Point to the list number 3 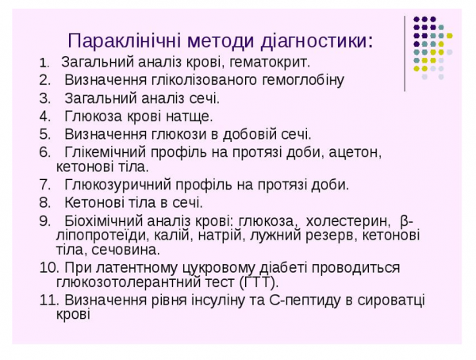click(x=44, y=98)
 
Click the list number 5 click(x=44, y=135)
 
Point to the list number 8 click(x=44, y=203)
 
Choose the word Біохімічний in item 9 click(x=102, y=221)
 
